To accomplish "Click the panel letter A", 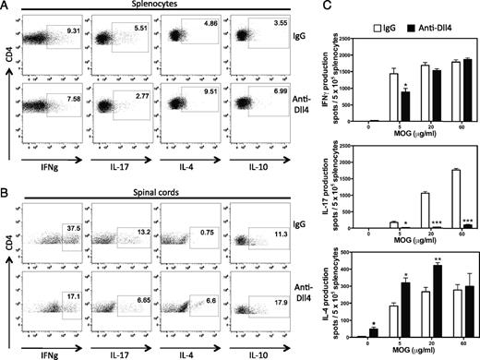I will [x=6, y=6].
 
